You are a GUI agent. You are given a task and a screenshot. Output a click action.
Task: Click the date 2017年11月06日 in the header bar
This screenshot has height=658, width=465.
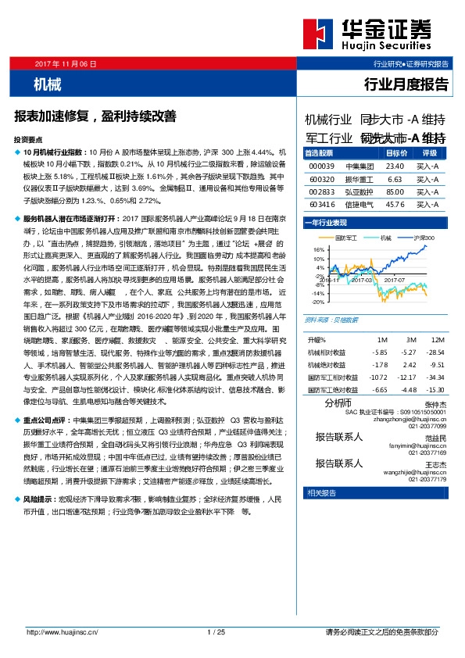pos(66,63)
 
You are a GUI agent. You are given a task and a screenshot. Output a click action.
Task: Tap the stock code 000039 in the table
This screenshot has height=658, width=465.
pos(321,166)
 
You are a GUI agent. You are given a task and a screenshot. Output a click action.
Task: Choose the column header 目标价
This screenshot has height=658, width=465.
pos(397,153)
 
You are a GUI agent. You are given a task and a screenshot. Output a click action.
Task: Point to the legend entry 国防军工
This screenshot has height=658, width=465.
pos(345,238)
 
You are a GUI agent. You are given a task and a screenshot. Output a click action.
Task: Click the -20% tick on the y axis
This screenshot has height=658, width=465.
pos(318,301)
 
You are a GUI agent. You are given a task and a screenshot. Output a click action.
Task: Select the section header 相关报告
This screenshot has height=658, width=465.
pos(321,492)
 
